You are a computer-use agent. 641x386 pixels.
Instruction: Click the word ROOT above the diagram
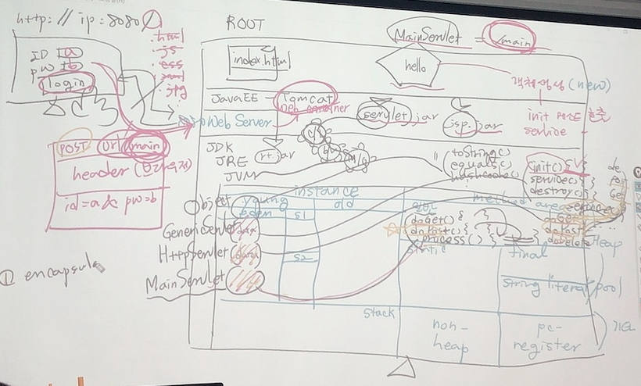point(245,24)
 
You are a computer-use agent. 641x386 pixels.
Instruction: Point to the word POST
point(75,147)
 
